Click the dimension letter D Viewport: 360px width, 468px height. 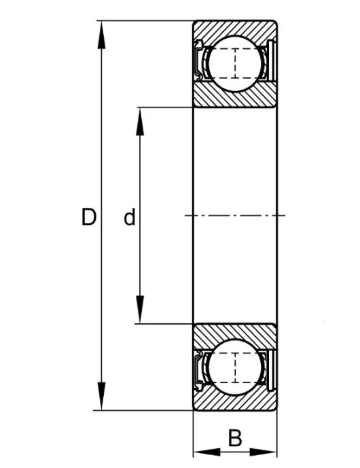pos(89,217)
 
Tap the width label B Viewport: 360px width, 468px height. pos(235,438)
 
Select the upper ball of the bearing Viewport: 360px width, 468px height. pos(235,63)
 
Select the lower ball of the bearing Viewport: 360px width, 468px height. pos(235,367)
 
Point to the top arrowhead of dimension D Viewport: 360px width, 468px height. pos(101,35)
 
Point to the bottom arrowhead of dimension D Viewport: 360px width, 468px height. pos(101,397)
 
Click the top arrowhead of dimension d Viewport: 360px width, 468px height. pos(140,121)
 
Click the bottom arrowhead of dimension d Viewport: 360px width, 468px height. pos(140,310)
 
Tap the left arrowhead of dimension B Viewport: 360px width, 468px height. pos(207,452)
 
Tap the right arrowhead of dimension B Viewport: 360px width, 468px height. pos(264,452)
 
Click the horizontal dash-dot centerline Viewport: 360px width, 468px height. pos(235,215)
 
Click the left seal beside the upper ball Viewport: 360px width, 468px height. pos(198,60)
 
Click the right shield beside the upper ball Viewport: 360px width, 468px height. pos(271,60)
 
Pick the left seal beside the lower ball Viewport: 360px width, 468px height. pos(198,370)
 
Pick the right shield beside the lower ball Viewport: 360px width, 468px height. pos(271,370)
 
